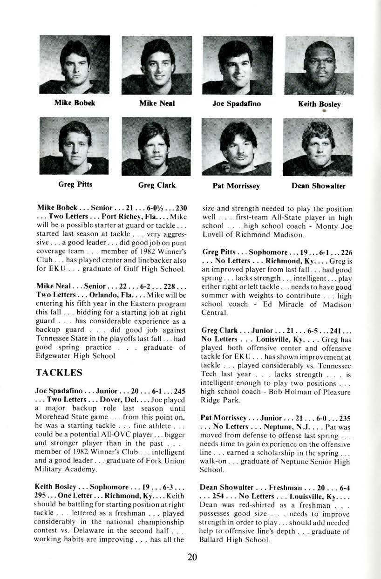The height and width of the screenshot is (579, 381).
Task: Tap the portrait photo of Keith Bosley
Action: (319, 66)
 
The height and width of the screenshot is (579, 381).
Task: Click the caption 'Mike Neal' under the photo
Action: (156, 103)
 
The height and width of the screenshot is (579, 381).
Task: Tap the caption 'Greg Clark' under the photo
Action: (156, 185)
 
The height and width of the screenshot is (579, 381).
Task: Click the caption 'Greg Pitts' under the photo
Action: (75, 184)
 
